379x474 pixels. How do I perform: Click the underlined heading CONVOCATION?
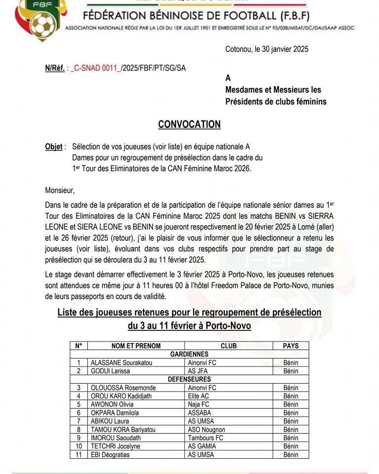tap(189, 124)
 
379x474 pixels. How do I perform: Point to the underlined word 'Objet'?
tap(54, 147)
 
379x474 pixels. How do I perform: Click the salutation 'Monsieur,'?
tap(60, 190)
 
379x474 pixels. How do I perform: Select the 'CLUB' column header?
tap(228, 346)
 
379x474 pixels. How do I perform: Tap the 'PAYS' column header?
tap(291, 346)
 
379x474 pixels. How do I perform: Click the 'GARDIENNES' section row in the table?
tap(189, 354)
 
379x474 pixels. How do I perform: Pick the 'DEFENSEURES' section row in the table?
tap(189, 379)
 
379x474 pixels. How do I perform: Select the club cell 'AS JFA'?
tap(198, 371)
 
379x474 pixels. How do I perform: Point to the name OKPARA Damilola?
tap(114, 413)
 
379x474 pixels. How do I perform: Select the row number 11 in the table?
tap(78, 455)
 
